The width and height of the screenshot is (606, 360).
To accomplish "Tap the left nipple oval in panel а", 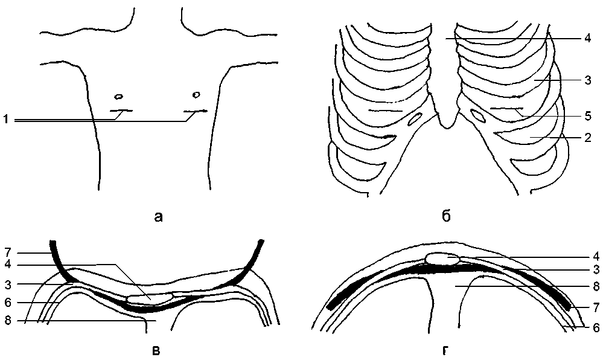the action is tap(118, 96).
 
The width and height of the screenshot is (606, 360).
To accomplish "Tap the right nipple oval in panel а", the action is tap(196, 94).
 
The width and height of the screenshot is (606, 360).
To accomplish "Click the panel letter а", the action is tap(159, 216).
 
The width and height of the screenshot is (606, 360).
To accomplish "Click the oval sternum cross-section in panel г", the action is tap(442, 259).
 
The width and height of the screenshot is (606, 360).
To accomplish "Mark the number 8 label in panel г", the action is tap(595, 286).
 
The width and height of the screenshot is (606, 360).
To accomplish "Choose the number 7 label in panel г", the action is tap(595, 308).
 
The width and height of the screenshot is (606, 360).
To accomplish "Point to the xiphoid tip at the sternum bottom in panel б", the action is tap(445, 126).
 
